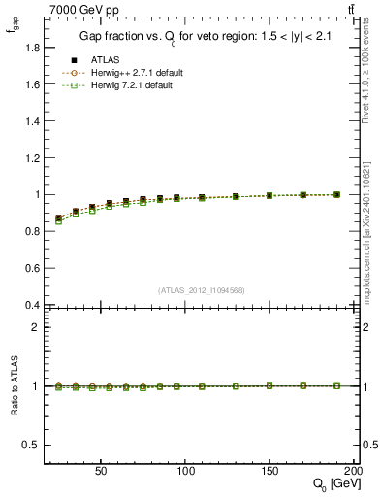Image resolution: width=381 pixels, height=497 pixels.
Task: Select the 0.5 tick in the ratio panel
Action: point(30,445)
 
